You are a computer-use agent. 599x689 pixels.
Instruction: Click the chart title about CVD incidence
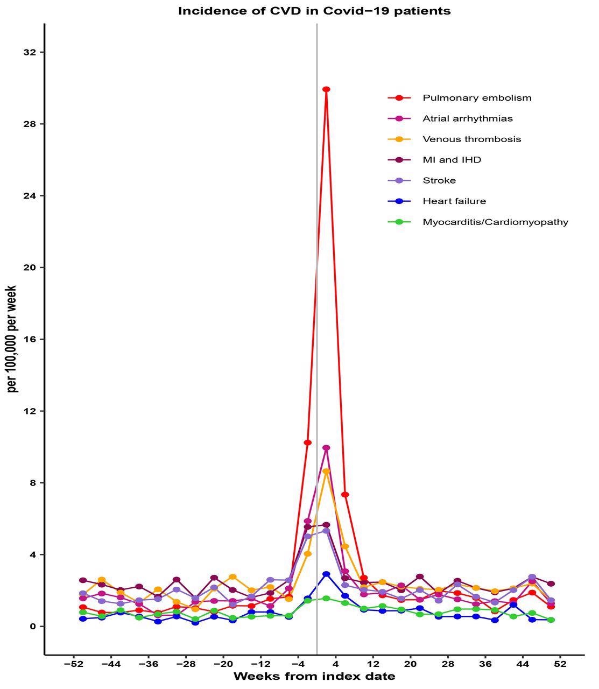[x=314, y=11]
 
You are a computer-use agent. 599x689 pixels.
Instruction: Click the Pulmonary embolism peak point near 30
[x=326, y=89]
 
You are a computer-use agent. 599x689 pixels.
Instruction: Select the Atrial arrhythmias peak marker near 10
[x=326, y=448]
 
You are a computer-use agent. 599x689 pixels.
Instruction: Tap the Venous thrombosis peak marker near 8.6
[x=326, y=472]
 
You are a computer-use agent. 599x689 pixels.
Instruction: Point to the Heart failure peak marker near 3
[x=326, y=574]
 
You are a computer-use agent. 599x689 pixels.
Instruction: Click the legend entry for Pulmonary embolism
[x=477, y=98]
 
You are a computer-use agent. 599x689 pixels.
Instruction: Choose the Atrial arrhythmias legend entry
[x=468, y=118]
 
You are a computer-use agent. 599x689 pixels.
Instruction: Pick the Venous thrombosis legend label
[x=472, y=139]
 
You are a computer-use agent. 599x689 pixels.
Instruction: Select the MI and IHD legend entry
[x=452, y=160]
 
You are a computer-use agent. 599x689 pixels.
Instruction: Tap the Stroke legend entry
[x=439, y=180]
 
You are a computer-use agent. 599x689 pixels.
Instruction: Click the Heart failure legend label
[x=454, y=201]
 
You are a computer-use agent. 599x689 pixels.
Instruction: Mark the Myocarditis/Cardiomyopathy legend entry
[x=495, y=222]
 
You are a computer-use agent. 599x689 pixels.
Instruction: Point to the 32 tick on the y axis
[x=30, y=52]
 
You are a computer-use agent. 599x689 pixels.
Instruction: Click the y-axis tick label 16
[x=30, y=339]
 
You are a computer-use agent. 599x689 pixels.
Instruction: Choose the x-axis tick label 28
[x=448, y=664]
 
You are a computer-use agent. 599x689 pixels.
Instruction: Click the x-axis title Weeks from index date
[x=314, y=677]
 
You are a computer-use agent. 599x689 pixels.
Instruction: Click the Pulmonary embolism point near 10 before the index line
[x=308, y=442]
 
